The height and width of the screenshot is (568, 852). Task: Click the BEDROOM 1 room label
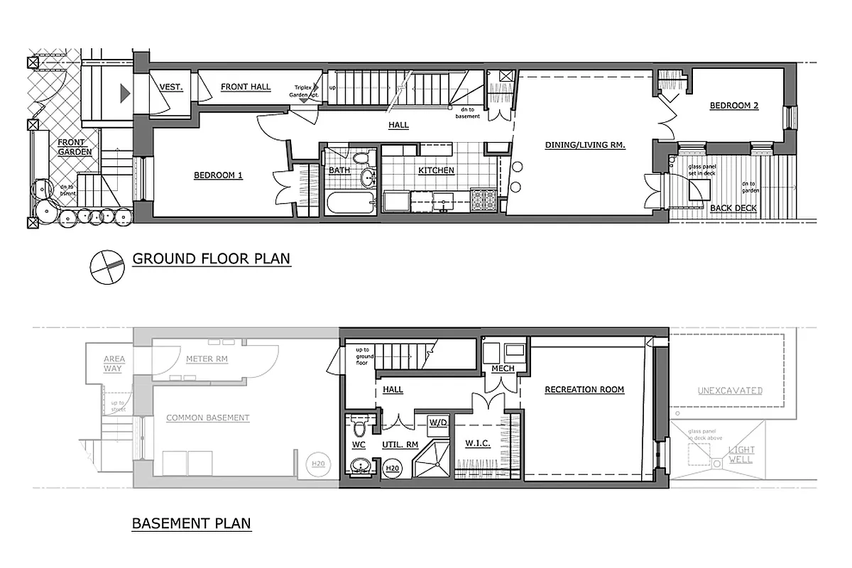218,175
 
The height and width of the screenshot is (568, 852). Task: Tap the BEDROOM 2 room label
734,106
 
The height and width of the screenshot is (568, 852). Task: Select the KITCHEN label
436,170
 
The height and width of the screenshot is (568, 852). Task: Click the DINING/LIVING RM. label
585,145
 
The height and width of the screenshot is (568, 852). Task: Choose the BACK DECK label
733,208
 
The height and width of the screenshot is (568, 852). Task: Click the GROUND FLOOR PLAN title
212,258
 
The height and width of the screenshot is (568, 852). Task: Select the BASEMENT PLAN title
191,524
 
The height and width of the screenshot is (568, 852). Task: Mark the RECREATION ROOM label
584,389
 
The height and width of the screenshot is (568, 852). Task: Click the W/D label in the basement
437,423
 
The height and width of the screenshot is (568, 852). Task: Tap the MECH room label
503,368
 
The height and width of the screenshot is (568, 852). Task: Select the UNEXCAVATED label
730,390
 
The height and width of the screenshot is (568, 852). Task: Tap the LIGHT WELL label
741,454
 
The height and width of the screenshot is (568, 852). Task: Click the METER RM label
207,359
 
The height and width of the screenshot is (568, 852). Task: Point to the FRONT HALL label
246,87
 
